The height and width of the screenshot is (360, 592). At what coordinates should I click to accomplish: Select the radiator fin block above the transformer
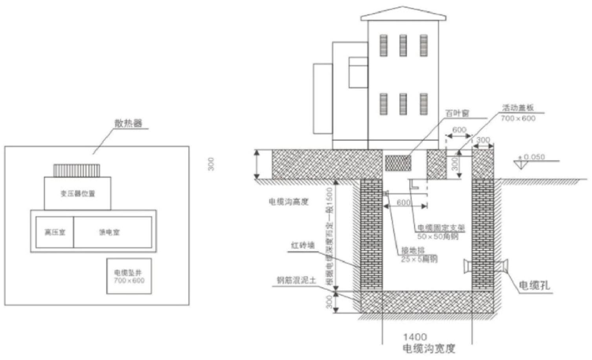tap(77, 171)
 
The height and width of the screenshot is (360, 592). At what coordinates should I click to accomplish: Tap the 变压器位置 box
tap(77, 193)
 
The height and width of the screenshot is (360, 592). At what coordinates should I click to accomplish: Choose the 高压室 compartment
tap(55, 232)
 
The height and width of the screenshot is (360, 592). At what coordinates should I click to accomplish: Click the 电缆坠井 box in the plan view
tap(129, 276)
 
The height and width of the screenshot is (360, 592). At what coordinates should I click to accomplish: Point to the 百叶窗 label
tap(457, 113)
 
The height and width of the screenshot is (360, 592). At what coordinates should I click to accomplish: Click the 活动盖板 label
tap(518, 108)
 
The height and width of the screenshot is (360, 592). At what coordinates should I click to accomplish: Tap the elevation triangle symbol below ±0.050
tap(521, 165)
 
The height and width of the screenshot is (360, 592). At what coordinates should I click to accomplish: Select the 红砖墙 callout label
tap(303, 246)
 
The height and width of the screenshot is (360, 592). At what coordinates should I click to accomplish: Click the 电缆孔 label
tap(535, 285)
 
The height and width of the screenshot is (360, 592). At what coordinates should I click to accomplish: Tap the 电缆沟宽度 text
tap(429, 348)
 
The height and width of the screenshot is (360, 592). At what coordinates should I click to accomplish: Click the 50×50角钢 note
tap(438, 236)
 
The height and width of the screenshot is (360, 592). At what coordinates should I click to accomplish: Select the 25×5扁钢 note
tap(419, 259)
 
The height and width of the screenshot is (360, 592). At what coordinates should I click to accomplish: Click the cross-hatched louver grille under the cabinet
tap(398, 163)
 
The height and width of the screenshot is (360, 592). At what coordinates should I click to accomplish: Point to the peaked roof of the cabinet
tap(403, 14)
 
